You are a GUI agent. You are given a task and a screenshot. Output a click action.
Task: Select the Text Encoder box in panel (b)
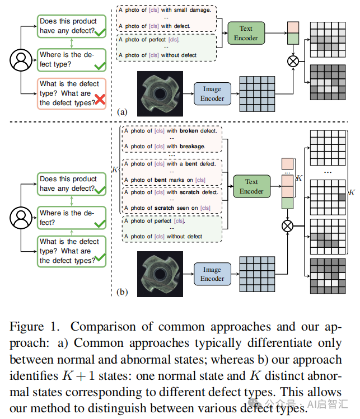point(251,186)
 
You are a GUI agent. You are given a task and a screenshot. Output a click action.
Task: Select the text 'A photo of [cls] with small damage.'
point(168,10)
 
